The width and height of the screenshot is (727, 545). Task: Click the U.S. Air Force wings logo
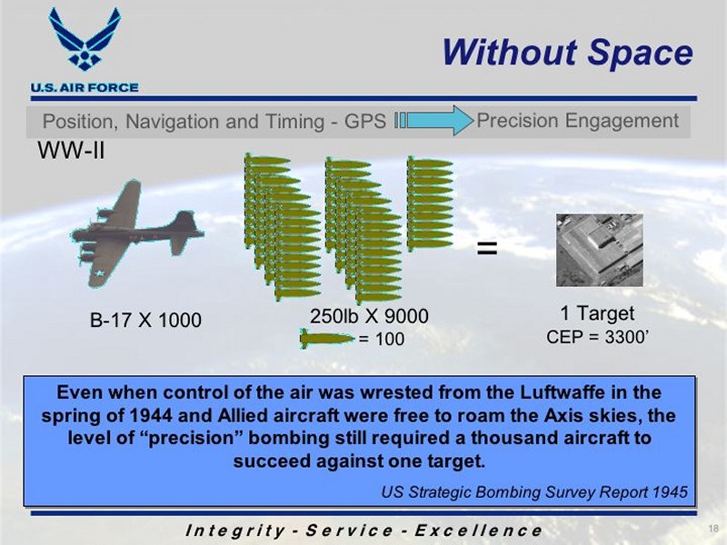[x=85, y=39]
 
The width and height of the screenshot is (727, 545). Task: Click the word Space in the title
[x=641, y=52]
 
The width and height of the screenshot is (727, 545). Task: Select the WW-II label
[x=71, y=150]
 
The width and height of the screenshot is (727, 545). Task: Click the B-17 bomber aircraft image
[x=137, y=233]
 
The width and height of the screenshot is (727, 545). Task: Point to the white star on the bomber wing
[x=99, y=273]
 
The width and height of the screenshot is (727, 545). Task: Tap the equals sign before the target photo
[x=487, y=248]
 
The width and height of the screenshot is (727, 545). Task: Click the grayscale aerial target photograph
[x=600, y=251]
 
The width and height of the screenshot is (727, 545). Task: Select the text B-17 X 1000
[x=145, y=321]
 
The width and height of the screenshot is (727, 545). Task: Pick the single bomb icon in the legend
[x=327, y=338]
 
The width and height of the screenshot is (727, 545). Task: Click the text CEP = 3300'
[x=597, y=337]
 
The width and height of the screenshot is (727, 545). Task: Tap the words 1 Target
[x=597, y=313]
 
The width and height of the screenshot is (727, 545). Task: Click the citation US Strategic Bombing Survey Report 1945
[x=534, y=491]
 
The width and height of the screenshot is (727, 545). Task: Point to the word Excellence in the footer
[x=478, y=530]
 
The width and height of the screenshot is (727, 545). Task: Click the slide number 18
[x=713, y=529]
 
